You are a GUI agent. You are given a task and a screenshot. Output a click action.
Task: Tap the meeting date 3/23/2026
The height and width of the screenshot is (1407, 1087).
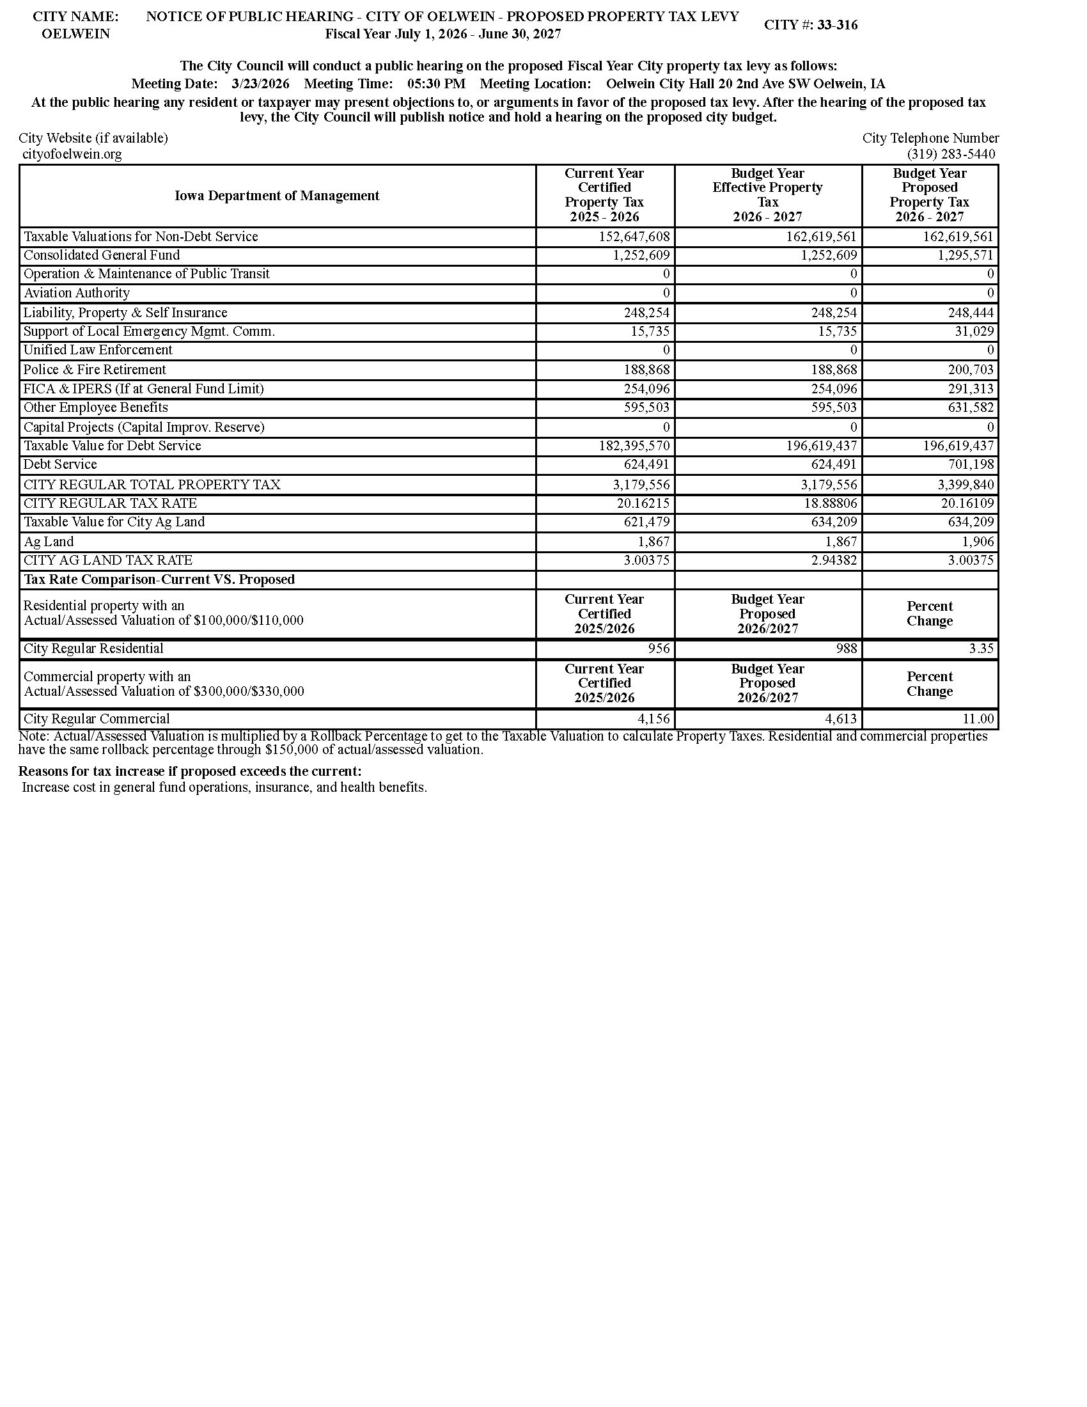pos(260,84)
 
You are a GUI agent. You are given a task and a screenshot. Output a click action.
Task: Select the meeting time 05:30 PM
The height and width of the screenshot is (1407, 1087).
pos(436,84)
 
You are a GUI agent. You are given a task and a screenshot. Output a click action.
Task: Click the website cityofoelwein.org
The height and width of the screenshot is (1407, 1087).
pos(72,154)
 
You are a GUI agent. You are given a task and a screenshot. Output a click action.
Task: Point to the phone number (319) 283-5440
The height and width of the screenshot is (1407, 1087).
pos(950,154)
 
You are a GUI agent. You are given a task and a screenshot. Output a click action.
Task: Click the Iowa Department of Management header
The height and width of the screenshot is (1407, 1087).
pos(277,196)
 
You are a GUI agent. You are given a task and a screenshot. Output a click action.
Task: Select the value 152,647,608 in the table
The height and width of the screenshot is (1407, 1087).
pos(634,237)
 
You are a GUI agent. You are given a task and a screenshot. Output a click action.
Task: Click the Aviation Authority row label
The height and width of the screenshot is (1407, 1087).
pos(77,293)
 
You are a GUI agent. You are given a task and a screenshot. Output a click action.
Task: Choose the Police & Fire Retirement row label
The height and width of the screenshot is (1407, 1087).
pos(95,370)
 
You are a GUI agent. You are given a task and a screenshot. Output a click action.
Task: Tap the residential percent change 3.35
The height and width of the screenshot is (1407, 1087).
pos(981,648)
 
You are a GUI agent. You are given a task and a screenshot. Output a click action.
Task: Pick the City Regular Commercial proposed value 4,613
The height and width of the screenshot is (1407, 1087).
pos(842,719)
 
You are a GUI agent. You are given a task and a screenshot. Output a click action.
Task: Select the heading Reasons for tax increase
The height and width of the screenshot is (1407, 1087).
pos(190,771)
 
